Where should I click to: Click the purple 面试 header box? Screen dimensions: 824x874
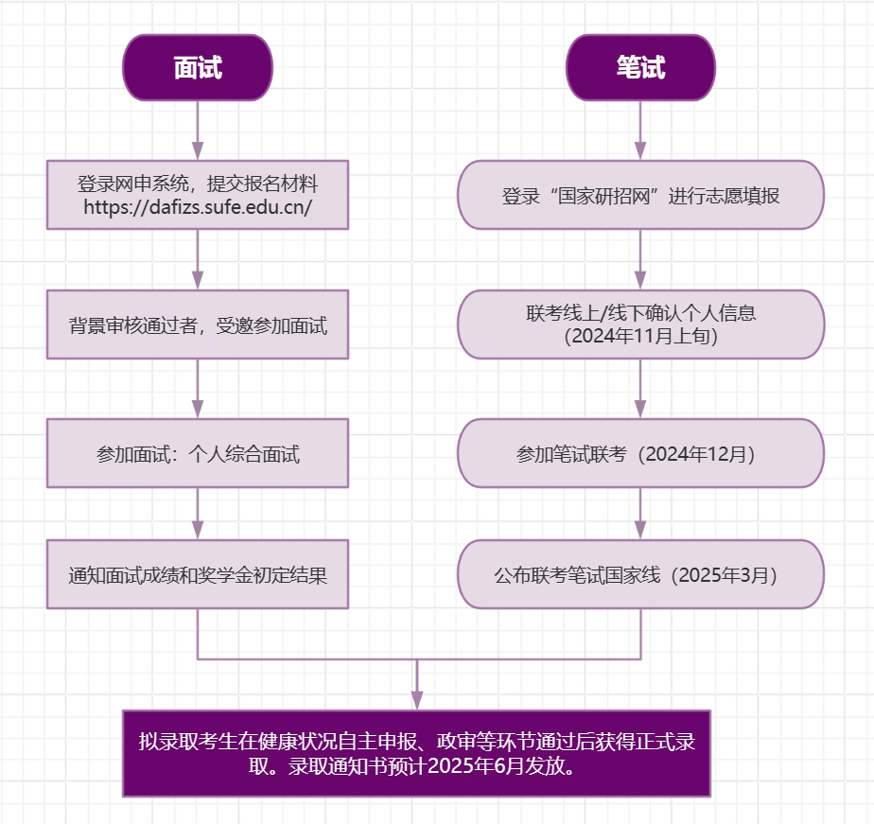click(198, 67)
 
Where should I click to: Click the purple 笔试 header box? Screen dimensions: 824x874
click(640, 67)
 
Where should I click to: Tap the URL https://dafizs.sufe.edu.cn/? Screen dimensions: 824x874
click(198, 207)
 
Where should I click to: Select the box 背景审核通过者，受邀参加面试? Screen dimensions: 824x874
click(198, 324)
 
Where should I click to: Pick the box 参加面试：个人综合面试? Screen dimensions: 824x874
click(198, 453)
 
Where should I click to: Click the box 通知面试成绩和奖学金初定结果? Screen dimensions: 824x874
click(198, 574)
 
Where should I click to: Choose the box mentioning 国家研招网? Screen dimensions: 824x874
click(640, 196)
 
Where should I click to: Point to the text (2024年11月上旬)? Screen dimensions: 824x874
click(640, 336)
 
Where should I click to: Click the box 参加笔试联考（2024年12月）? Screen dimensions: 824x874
click(640, 453)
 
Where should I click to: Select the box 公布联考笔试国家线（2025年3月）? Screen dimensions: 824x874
click(640, 574)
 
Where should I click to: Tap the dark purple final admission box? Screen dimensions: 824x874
click(416, 753)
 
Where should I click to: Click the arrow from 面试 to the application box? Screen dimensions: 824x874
click(198, 131)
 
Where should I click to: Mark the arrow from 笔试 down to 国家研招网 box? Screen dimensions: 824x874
click(640, 131)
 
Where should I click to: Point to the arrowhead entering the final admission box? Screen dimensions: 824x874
click(416, 701)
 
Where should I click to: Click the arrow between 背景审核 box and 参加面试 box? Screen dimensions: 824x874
click(198, 389)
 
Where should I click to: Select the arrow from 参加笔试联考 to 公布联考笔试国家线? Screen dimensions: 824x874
click(640, 514)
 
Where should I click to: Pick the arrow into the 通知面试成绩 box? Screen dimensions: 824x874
click(198, 514)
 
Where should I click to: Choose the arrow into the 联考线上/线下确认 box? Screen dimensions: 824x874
click(640, 260)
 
